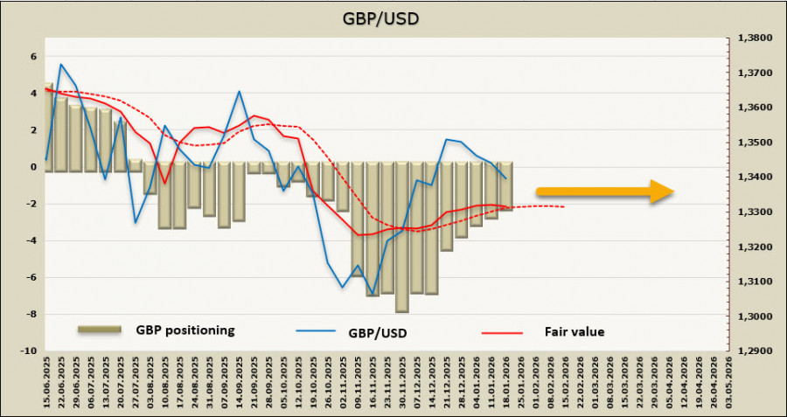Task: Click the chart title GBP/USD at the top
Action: (x=393, y=17)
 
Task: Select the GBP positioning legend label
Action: (x=185, y=330)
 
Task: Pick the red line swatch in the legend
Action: (x=501, y=332)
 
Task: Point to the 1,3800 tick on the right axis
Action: (x=753, y=38)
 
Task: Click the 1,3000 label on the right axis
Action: (x=753, y=316)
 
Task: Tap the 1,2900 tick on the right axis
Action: (x=753, y=351)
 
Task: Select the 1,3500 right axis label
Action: (x=753, y=142)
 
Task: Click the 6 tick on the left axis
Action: (x=34, y=56)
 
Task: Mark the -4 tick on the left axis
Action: (x=31, y=240)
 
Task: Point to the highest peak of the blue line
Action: (x=60, y=64)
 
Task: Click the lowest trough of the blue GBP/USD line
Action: (x=373, y=294)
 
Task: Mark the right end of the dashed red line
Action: (x=564, y=207)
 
